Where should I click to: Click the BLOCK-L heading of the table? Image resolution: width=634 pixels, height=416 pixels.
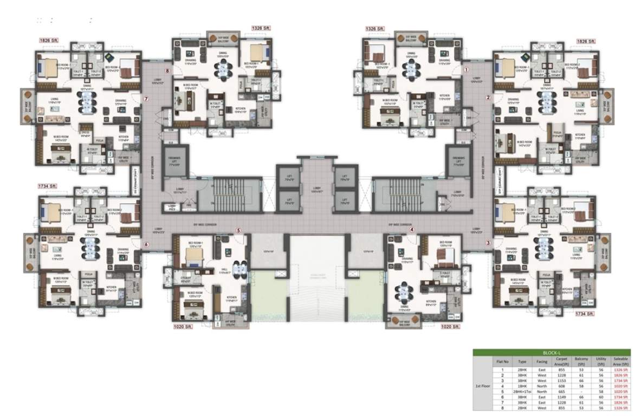551,352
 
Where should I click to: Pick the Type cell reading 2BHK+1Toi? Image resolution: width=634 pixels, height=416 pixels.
522,391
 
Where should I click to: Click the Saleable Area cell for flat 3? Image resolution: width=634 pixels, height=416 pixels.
621,380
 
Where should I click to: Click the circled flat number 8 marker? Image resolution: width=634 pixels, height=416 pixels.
167,71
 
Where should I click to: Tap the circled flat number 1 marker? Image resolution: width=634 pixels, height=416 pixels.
465,69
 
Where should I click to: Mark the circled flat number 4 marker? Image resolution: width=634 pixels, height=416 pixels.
412,230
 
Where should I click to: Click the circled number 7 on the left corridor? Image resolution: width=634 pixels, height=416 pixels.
146,99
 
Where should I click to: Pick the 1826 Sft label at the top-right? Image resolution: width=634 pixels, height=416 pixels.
585,41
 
